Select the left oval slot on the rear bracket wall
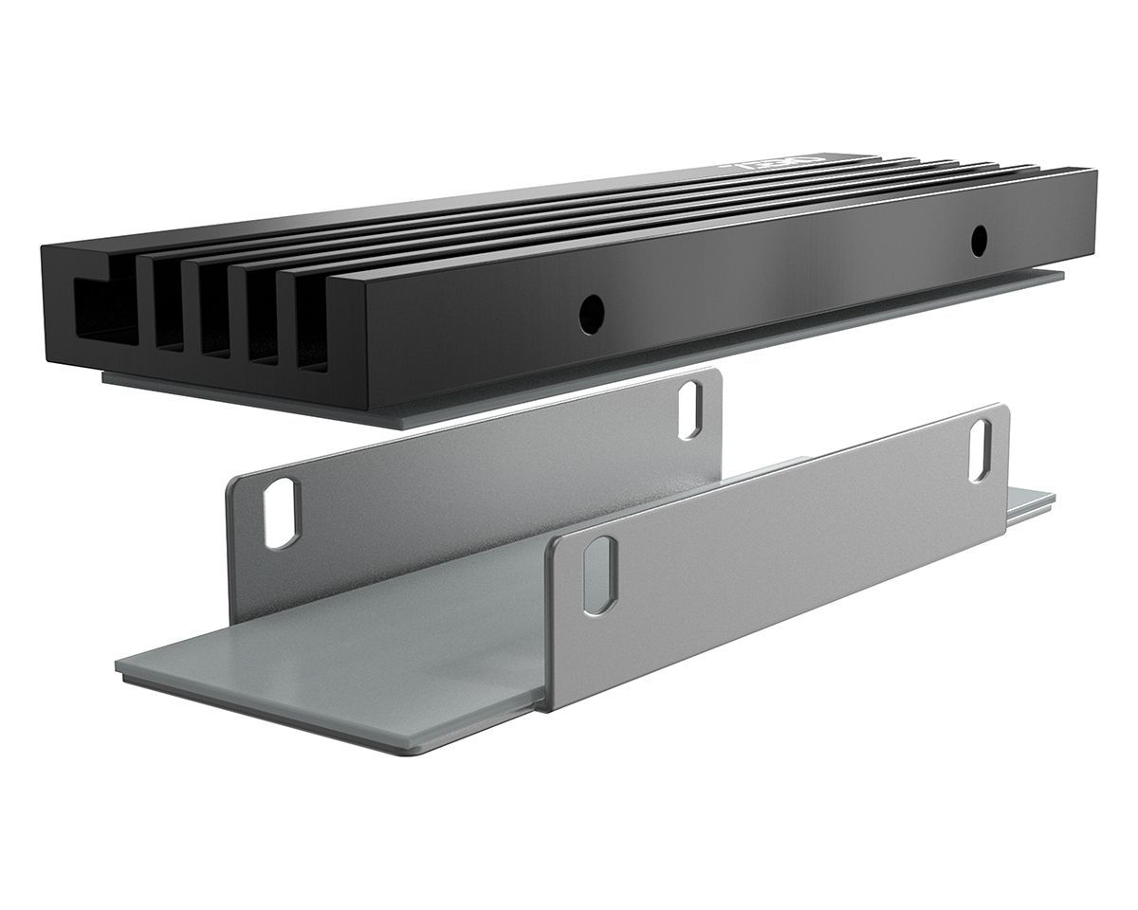[x=281, y=513]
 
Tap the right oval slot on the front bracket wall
[x=980, y=449]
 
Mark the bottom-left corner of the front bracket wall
[x=548, y=707]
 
